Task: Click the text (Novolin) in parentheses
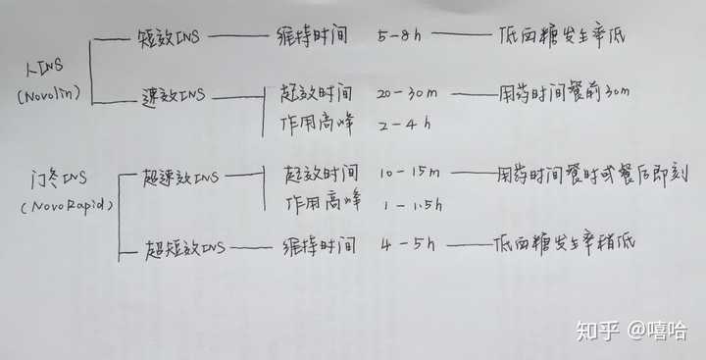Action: (46, 95)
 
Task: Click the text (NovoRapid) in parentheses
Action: (65, 208)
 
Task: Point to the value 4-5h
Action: (410, 242)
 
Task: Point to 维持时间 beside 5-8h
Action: (313, 38)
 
